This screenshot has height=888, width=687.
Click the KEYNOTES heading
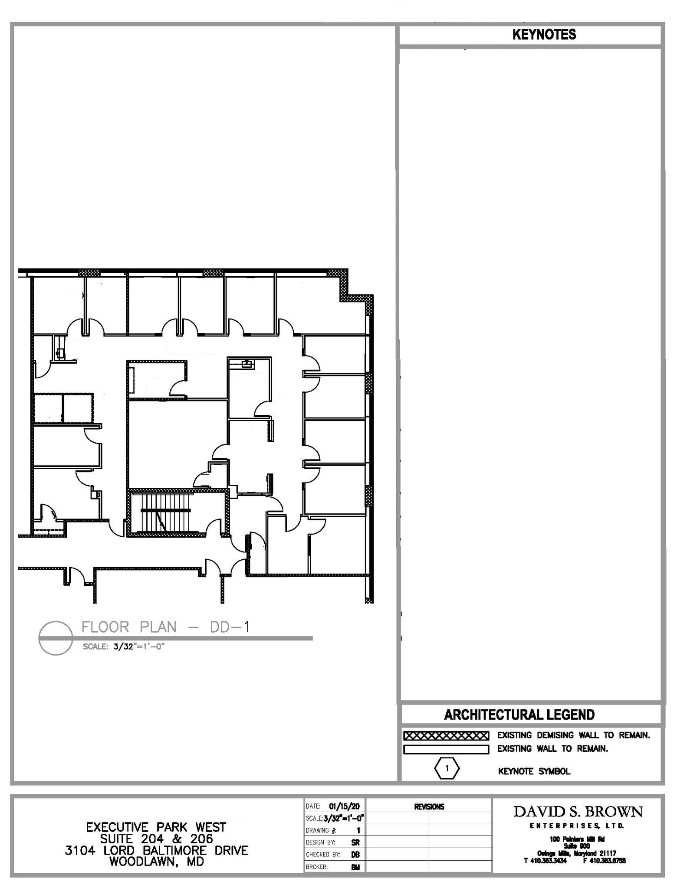[544, 35]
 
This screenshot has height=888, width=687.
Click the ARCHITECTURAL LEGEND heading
[519, 715]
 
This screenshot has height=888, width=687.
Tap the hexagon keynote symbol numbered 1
[447, 768]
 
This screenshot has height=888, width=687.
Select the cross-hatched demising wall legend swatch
[446, 736]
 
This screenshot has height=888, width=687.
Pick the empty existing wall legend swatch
[446, 749]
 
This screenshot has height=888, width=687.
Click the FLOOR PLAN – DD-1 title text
[165, 627]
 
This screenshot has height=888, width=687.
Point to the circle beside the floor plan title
[55, 638]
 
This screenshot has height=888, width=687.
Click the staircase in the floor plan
[165, 511]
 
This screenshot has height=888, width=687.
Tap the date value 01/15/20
[344, 806]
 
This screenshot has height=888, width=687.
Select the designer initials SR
[355, 842]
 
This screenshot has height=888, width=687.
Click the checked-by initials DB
[355, 855]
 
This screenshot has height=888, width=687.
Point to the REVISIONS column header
[429, 807]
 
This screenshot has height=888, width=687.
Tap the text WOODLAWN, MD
[156, 862]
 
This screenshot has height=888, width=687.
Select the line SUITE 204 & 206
[156, 839]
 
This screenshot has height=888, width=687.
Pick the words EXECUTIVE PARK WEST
[156, 827]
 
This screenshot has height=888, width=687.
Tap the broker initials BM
[355, 867]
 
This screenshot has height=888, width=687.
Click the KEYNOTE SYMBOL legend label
[534, 771]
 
